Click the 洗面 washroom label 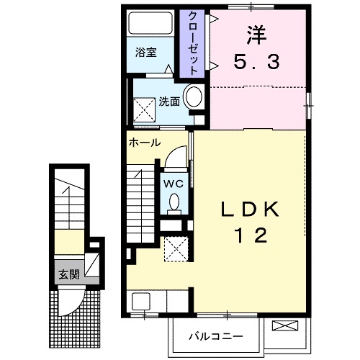[x=169, y=101]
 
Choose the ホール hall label [x=144, y=143]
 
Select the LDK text [x=249, y=209]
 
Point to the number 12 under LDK [x=249, y=235]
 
